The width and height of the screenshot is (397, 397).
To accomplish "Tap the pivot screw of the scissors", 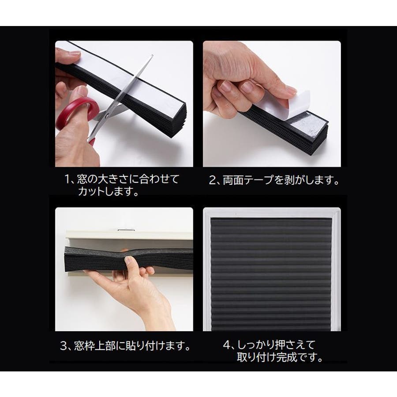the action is [107, 116].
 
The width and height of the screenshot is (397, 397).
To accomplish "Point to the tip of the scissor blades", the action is [152, 55].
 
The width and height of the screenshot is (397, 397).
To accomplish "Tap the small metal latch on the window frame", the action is [126, 230].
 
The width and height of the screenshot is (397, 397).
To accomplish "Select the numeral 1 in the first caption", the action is [67, 180].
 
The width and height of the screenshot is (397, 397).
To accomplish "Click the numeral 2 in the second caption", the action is [212, 180].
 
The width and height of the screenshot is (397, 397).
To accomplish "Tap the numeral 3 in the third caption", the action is [63, 346].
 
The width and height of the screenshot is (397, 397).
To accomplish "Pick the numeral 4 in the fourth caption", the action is [226, 345].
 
